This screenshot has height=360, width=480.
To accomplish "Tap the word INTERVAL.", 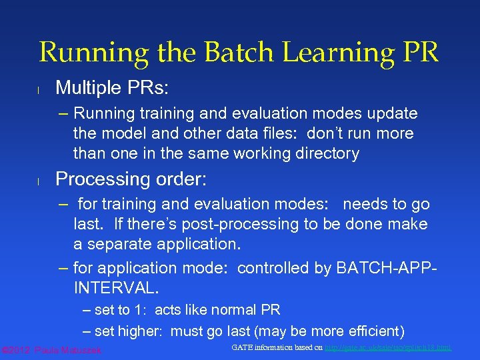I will click(116, 288).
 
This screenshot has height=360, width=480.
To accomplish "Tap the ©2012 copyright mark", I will click(17, 350).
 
